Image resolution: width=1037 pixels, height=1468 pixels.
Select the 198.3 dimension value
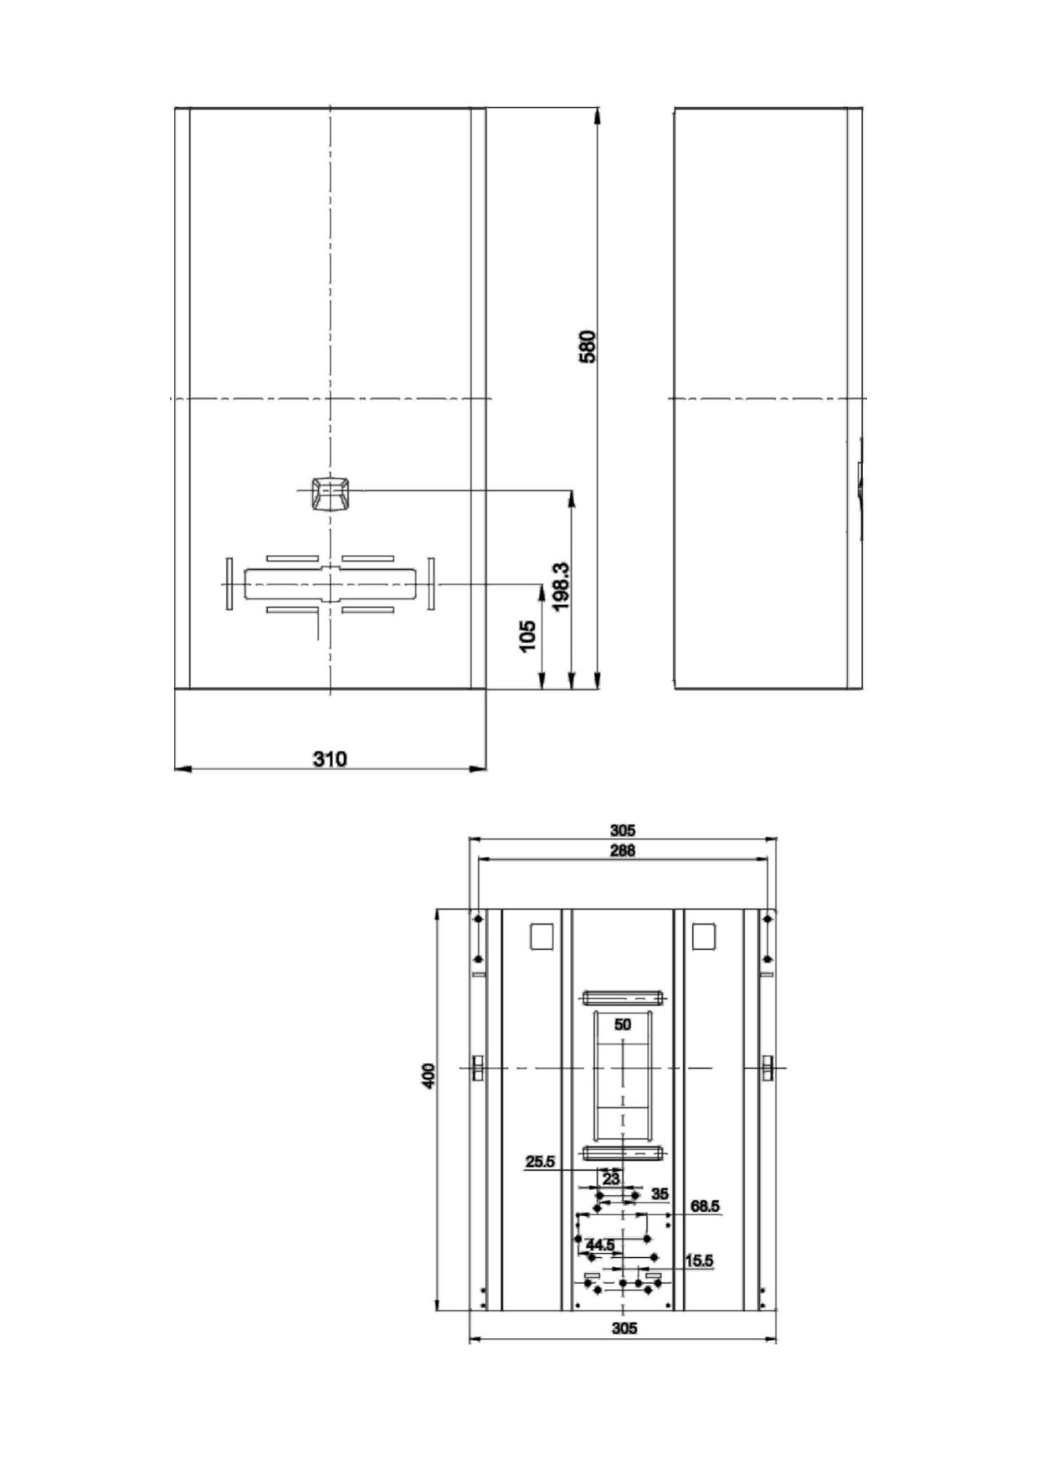(562, 586)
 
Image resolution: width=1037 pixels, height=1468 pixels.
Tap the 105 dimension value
(528, 636)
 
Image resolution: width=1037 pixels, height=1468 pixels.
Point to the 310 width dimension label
(330, 759)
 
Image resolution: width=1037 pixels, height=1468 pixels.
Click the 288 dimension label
(623, 850)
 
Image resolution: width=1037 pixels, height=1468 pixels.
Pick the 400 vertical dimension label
(429, 1075)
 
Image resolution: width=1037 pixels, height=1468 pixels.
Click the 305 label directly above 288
(623, 830)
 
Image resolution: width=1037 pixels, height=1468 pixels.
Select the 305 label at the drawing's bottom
(624, 1328)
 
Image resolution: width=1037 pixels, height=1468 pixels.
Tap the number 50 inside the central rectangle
(623, 1024)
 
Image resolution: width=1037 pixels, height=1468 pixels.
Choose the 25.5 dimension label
(540, 1162)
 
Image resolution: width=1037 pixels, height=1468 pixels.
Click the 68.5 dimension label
(705, 1206)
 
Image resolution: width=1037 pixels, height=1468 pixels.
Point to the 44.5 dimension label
(600, 1245)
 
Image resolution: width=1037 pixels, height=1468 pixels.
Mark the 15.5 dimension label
(699, 1260)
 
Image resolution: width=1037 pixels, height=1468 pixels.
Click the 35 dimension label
(660, 1194)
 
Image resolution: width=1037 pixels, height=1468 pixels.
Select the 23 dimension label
(611, 1178)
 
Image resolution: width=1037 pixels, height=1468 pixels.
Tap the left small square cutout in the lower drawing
(542, 936)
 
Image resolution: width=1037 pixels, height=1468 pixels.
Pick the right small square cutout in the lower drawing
(704, 936)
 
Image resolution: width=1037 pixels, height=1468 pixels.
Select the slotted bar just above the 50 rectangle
(624, 998)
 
